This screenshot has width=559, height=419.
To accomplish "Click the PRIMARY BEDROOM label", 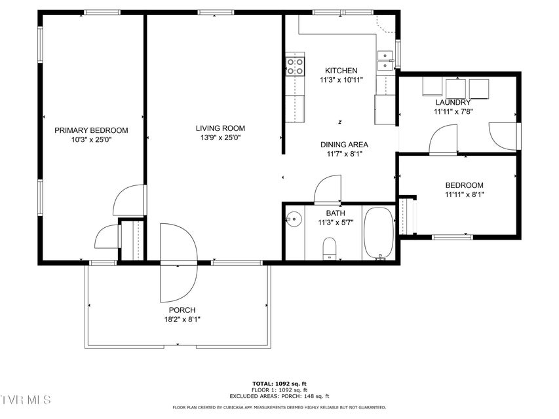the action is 91,130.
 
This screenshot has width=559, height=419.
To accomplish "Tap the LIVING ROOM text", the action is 220,128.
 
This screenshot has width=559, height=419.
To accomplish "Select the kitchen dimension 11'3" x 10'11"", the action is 341,80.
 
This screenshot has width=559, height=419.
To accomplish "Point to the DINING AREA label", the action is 344,145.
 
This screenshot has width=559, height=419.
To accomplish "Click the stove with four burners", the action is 295,67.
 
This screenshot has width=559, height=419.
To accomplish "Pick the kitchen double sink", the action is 385,61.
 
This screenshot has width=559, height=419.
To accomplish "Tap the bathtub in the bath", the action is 379,232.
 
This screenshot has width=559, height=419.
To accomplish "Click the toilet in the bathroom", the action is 330,248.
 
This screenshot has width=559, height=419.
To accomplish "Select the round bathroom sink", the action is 294,219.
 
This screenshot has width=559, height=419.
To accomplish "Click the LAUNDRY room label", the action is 453,103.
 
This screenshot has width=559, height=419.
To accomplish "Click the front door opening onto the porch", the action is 179,263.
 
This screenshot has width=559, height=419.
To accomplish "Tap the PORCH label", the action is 182,310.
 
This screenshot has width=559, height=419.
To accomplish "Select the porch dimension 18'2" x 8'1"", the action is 182,319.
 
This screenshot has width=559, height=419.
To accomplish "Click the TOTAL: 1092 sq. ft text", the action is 279,384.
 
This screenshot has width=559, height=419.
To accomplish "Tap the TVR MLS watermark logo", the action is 26,400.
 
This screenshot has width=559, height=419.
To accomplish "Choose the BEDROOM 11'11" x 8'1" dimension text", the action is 464,194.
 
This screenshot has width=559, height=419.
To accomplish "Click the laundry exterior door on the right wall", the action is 503,137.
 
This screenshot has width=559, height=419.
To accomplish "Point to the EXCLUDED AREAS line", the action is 279,396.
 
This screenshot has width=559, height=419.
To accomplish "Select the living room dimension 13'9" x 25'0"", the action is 220,138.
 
